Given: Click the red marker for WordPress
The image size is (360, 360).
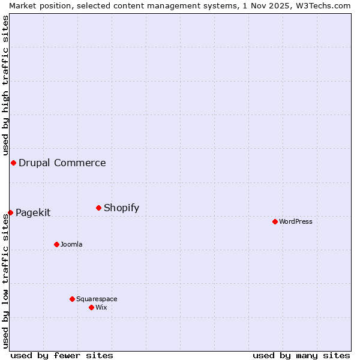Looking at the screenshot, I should (275, 221).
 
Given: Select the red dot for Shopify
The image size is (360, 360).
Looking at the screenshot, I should (98, 208).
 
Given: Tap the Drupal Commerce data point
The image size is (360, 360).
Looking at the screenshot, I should (13, 163).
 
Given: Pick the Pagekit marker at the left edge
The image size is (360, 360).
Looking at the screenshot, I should (10, 212).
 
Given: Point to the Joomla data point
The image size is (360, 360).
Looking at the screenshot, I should (56, 244).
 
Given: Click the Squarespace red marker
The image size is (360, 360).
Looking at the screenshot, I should (72, 299).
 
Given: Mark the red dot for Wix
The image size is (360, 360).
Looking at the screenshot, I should (91, 307).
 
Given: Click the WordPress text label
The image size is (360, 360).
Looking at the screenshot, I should (296, 221).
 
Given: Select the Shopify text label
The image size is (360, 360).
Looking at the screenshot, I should (121, 208).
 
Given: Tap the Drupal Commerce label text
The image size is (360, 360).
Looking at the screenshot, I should (62, 163).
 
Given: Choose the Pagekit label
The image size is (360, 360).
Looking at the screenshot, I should (33, 212).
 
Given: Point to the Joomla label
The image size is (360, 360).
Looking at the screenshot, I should (71, 244).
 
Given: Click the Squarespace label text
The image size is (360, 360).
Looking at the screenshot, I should (97, 299).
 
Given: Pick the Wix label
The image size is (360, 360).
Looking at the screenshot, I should (101, 307).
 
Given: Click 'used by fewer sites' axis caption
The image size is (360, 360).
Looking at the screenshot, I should (62, 355).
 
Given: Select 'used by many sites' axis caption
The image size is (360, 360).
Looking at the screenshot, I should (301, 355).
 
